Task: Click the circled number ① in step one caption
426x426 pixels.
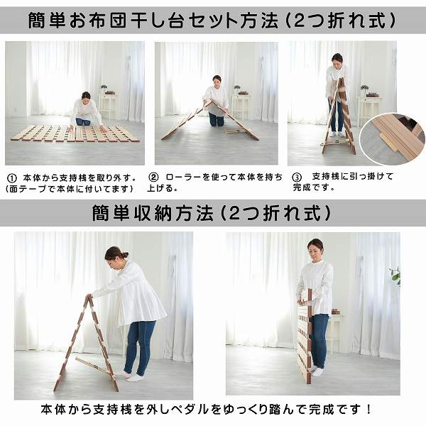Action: click(x=11, y=178)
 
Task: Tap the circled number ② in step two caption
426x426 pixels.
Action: click(x=153, y=177)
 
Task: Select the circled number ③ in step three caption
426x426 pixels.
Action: click(x=297, y=177)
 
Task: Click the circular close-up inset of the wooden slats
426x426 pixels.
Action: click(x=393, y=138)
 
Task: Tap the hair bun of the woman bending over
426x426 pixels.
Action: click(x=125, y=255)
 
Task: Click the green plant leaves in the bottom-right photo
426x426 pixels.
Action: click(x=396, y=275)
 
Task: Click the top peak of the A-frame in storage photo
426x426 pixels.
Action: click(x=88, y=297)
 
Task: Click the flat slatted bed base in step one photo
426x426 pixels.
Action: click(x=75, y=133)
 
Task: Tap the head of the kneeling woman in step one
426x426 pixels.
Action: click(x=86, y=97)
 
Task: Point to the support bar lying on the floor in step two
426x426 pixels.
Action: click(x=235, y=132)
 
